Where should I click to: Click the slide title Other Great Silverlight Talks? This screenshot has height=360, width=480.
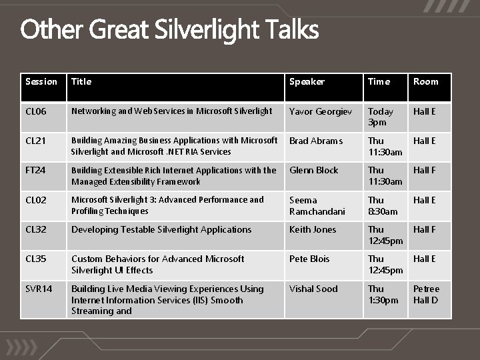(169, 30)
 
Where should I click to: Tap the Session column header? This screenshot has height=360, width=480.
(41, 81)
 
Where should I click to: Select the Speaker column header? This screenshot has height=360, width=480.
(307, 81)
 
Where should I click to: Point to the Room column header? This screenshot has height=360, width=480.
(426, 81)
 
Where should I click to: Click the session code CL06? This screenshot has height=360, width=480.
(36, 111)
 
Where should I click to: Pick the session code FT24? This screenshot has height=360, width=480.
(36, 170)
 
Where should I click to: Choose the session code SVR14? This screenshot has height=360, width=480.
(39, 289)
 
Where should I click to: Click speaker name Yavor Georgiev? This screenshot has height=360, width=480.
(321, 111)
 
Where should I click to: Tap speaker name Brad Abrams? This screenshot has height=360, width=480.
(316, 141)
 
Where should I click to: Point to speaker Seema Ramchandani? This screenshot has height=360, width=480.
(317, 205)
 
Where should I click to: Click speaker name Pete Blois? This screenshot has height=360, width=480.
(309, 259)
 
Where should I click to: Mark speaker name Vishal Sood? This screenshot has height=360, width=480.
(313, 289)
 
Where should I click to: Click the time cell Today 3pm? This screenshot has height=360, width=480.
(381, 117)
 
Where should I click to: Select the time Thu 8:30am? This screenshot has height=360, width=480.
(383, 205)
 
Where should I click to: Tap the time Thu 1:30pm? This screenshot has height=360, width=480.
(383, 294)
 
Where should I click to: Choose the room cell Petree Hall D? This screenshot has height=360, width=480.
(426, 294)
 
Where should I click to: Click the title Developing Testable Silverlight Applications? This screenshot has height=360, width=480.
(161, 229)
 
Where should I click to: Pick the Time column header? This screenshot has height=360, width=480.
(379, 81)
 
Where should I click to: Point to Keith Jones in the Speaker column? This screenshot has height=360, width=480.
(313, 229)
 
